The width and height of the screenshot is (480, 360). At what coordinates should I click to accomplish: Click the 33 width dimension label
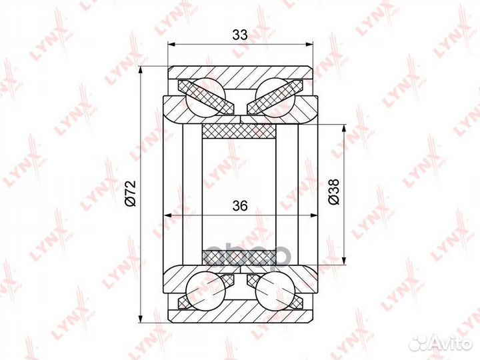point(240,35)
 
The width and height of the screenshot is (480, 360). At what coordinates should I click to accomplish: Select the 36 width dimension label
point(240,206)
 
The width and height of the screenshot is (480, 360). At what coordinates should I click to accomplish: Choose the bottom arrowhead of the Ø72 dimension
point(142,317)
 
